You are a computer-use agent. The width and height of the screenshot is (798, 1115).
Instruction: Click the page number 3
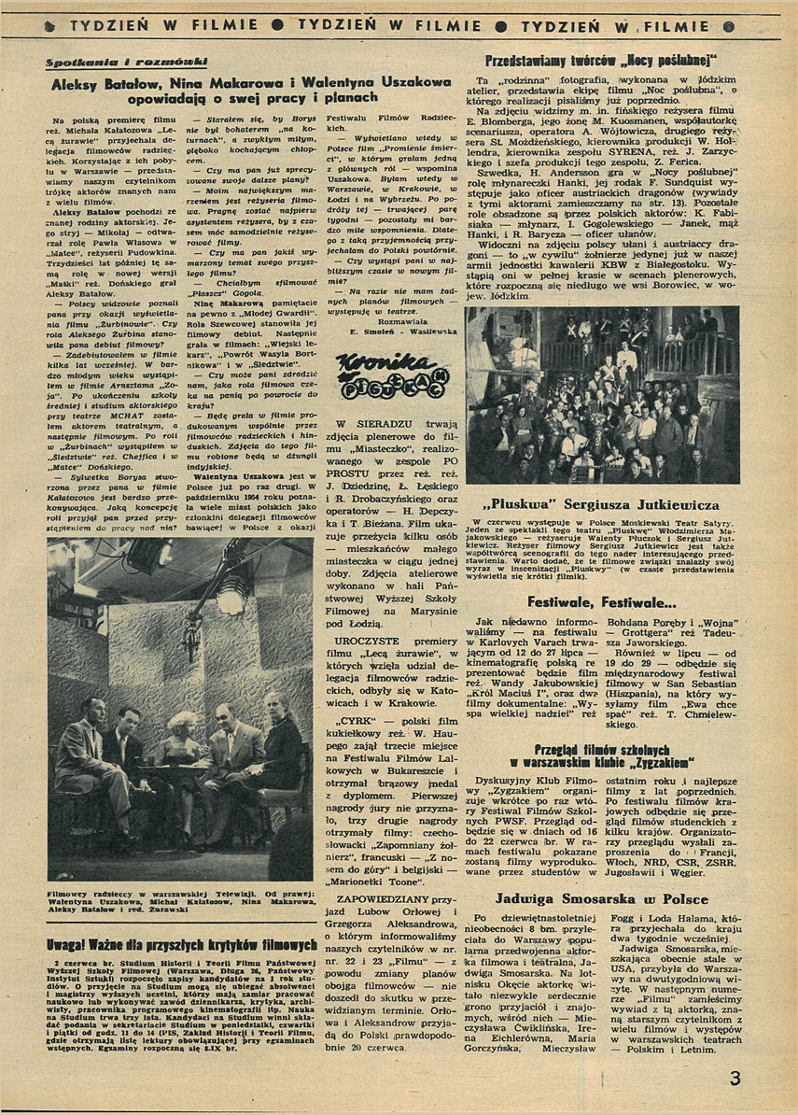[x=735, y=1078]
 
